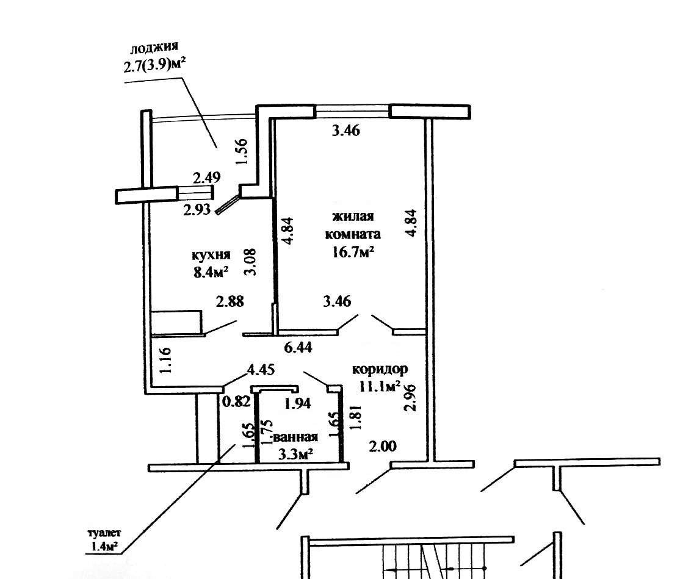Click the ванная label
pos(296,437)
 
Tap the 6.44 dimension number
pos(298,348)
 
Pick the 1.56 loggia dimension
pos(241,151)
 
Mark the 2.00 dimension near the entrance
pos(383,447)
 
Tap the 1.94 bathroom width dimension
pos(298,402)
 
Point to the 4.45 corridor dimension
pos(259,369)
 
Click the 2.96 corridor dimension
pos(411,397)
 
